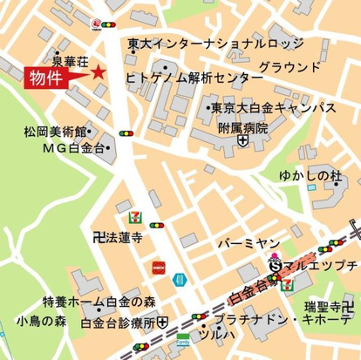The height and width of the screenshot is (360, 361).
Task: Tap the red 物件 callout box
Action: click(45, 77)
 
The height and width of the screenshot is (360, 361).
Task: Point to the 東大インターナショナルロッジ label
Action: click(215, 44)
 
